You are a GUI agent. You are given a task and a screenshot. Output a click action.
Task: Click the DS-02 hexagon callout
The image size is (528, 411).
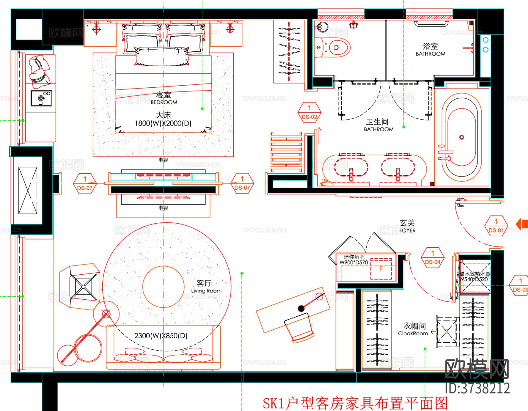click(x=309, y=113)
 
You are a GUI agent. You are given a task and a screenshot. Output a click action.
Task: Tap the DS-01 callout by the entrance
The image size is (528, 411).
click(x=496, y=226)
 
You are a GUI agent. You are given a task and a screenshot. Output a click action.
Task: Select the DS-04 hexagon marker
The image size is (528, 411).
click(x=433, y=258)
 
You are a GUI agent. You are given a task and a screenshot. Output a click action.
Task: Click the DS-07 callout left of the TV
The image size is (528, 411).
click(x=85, y=184)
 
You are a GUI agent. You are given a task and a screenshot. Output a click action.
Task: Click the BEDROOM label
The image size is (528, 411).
click(x=164, y=102)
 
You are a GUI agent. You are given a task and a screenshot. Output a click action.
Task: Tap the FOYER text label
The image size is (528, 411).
click(x=407, y=230)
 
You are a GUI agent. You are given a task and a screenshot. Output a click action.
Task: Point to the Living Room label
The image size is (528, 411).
click(x=206, y=291)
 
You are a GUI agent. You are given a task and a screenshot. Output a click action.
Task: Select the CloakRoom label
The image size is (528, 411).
click(x=413, y=334)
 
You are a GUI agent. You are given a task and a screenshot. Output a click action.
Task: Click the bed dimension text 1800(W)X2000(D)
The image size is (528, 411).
click(x=163, y=123)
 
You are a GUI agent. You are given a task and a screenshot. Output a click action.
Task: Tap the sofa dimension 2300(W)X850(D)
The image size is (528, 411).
click(x=161, y=336)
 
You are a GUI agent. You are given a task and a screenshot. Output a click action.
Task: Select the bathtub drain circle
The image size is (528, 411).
click(x=461, y=137)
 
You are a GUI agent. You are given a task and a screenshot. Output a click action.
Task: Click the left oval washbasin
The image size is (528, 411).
click(x=351, y=168)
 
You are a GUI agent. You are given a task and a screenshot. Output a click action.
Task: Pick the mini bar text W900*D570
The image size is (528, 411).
click(x=354, y=263)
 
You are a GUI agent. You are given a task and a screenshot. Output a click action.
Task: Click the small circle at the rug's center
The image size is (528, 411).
click(x=163, y=286)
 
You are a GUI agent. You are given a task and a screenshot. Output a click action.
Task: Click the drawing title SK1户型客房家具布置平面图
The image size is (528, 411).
click(x=355, y=403)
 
